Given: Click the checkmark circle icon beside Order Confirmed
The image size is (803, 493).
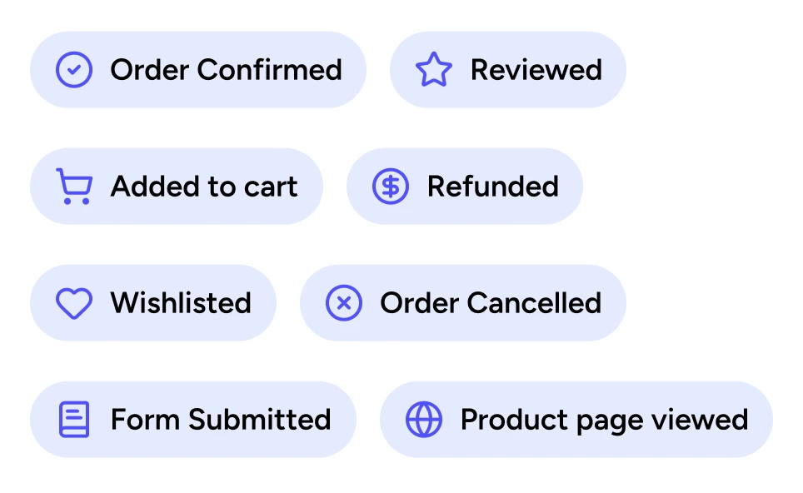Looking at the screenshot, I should [x=74, y=70].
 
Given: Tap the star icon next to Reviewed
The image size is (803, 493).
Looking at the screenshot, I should [x=433, y=70].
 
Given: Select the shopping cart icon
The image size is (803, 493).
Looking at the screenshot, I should [x=73, y=187].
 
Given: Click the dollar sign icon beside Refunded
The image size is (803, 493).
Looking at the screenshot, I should [x=390, y=187].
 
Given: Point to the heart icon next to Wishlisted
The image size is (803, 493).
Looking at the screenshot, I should [x=73, y=303].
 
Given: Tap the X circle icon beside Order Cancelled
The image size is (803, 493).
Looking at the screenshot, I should [x=343, y=303].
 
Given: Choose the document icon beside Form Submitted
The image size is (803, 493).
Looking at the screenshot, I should [x=74, y=420].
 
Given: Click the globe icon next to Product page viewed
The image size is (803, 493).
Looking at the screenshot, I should [x=424, y=420].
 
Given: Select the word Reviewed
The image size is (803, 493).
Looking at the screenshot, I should [x=536, y=70].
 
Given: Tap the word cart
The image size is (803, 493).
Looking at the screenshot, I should [x=272, y=187].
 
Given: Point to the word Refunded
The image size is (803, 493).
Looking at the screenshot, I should [x=492, y=187].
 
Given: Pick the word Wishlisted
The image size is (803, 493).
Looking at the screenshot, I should [x=181, y=303].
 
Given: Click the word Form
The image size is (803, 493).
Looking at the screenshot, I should [x=145, y=420].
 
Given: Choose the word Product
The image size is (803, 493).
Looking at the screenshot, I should [x=509, y=420].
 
